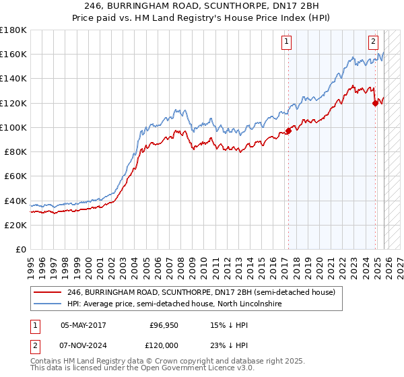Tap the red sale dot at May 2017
tap(288, 131)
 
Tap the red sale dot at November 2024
tap(375, 103)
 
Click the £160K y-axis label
tap(13, 54)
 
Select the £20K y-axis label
tap(15, 225)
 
